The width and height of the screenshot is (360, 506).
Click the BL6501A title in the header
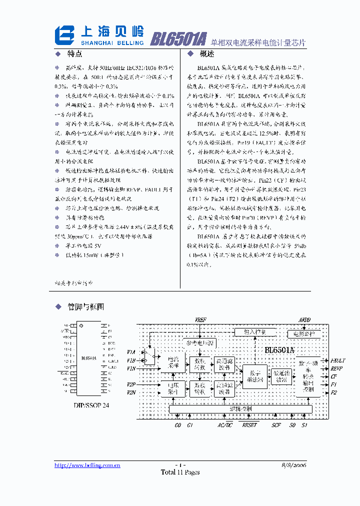click(178, 38)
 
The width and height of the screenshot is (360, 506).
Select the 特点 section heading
click(74, 54)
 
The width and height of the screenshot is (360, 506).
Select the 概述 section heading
click(206, 54)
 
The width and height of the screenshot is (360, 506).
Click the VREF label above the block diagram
click(200, 319)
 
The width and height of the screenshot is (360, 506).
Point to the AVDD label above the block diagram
click(304, 319)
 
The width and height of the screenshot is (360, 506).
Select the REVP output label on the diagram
click(336, 368)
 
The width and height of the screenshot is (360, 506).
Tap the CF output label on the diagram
click(333, 376)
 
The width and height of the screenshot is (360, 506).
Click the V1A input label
click(131, 352)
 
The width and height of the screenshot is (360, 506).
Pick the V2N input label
click(131, 392)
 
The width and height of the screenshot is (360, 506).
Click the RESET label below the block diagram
click(249, 425)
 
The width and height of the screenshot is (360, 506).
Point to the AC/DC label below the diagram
click(224, 425)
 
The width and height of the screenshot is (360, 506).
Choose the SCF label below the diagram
click(276, 425)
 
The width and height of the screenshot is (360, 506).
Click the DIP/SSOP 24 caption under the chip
click(91, 405)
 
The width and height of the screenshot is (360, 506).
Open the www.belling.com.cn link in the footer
click(87, 465)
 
